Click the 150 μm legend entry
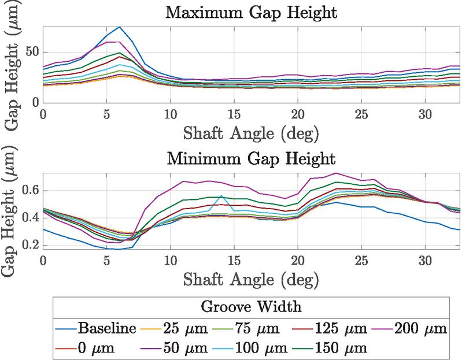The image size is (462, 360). tap(342, 348)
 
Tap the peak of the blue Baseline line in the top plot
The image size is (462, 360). tap(119, 27)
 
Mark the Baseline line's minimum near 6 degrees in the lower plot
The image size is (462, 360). tap(119, 249)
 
